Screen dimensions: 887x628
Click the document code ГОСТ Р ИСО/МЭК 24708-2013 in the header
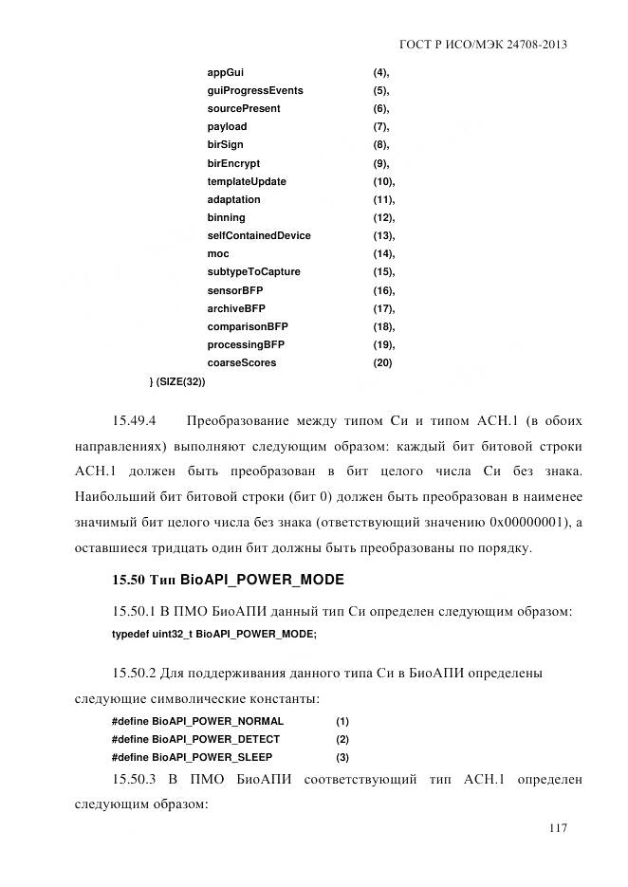(490, 45)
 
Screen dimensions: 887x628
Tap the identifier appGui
(227, 73)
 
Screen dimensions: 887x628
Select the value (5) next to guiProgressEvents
(380, 91)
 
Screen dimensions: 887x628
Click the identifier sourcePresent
(244, 109)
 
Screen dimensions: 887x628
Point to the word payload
(227, 127)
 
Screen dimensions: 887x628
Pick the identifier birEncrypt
(233, 163)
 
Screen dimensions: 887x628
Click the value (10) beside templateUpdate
(383, 181)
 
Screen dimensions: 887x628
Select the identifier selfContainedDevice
(259, 236)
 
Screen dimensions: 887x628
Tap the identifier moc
(218, 254)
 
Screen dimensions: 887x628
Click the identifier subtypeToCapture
(253, 272)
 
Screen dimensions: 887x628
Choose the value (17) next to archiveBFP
(383, 309)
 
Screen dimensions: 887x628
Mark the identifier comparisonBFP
(248, 327)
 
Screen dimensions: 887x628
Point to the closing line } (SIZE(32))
(177, 381)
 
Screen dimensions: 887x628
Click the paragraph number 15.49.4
(134, 420)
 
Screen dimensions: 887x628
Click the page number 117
(558, 828)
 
